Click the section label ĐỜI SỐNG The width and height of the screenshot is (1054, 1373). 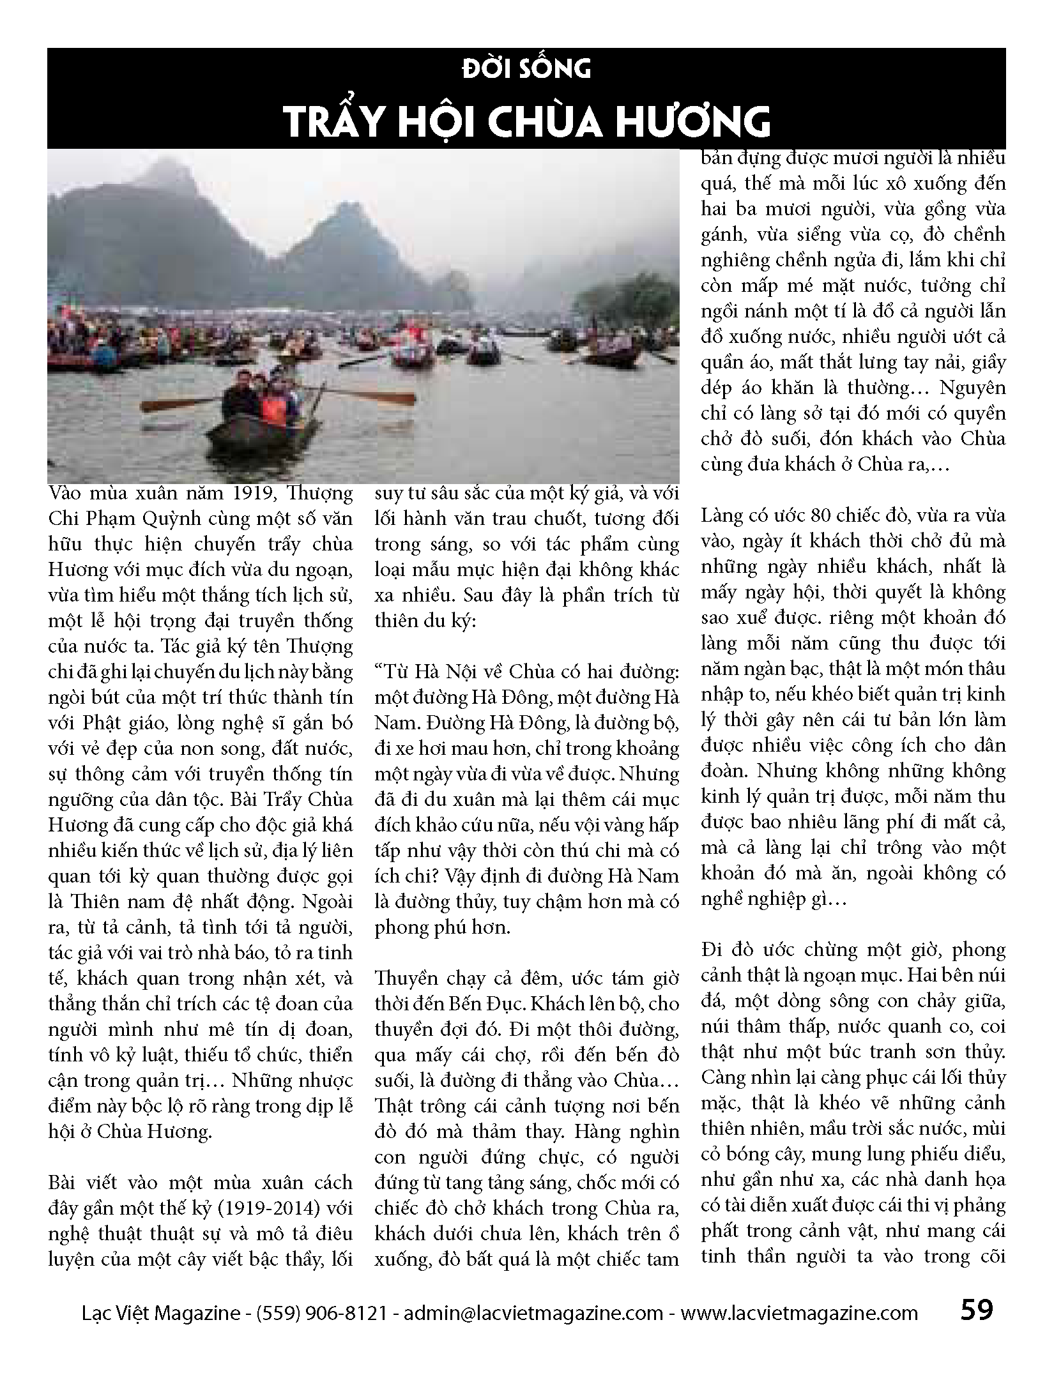pos(526,68)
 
